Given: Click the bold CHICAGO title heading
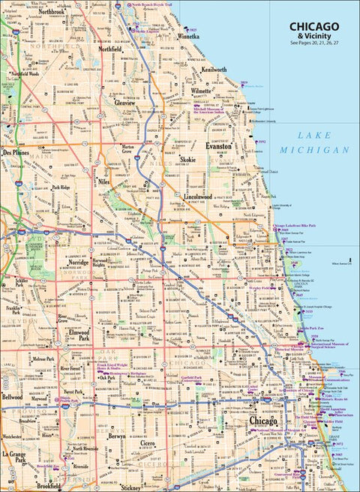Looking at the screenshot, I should (x=313, y=27).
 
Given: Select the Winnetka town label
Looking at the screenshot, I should (x=187, y=35).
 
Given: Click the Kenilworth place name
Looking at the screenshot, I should (x=214, y=69).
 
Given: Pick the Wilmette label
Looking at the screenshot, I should (x=201, y=91).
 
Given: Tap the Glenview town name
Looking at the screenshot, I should (x=114, y=103).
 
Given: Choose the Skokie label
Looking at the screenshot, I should (x=187, y=160).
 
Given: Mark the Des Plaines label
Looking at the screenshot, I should (x=16, y=151).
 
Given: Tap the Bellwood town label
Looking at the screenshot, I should (x=12, y=397).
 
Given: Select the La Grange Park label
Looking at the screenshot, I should (x=14, y=457).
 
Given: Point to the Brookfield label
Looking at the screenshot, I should (x=49, y=485).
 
